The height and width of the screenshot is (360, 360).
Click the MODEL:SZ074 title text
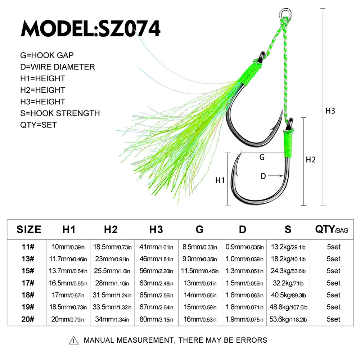91,28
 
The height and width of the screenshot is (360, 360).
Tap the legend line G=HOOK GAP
47,55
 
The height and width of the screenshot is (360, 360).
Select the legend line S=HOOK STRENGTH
60,113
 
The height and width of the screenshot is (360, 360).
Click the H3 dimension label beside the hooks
330,111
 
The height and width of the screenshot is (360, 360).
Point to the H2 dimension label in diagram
310,159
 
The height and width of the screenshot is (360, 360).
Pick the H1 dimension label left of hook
220,180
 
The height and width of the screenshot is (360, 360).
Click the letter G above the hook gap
262,157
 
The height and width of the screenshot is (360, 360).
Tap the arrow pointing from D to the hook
275,176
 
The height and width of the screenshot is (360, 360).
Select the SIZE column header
29,229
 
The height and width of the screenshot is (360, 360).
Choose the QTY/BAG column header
332,229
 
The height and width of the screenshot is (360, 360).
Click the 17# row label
28,283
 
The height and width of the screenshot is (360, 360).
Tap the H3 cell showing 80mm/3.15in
156,319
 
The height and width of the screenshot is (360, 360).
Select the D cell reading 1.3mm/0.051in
244,271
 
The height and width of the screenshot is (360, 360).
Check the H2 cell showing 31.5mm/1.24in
112,295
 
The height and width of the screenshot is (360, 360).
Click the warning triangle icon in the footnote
73,340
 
